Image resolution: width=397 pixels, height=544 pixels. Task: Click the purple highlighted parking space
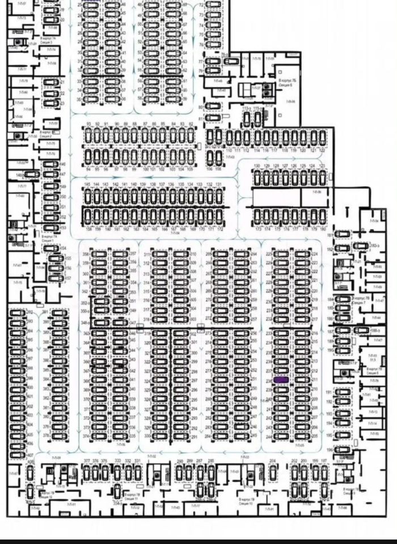[281, 380]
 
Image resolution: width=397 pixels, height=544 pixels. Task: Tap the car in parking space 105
[191, 156]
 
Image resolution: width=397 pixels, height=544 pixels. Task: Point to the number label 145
[87, 185]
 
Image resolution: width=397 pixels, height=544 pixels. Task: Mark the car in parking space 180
[322, 216]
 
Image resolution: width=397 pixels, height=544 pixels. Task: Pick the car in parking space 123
[322, 177]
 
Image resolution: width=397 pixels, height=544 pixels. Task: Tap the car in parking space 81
[213, 117]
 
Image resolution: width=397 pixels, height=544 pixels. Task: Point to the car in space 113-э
[247, 118]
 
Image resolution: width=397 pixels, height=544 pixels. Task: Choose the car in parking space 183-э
[360, 246]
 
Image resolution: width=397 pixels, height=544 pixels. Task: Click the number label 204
[272, 461]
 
